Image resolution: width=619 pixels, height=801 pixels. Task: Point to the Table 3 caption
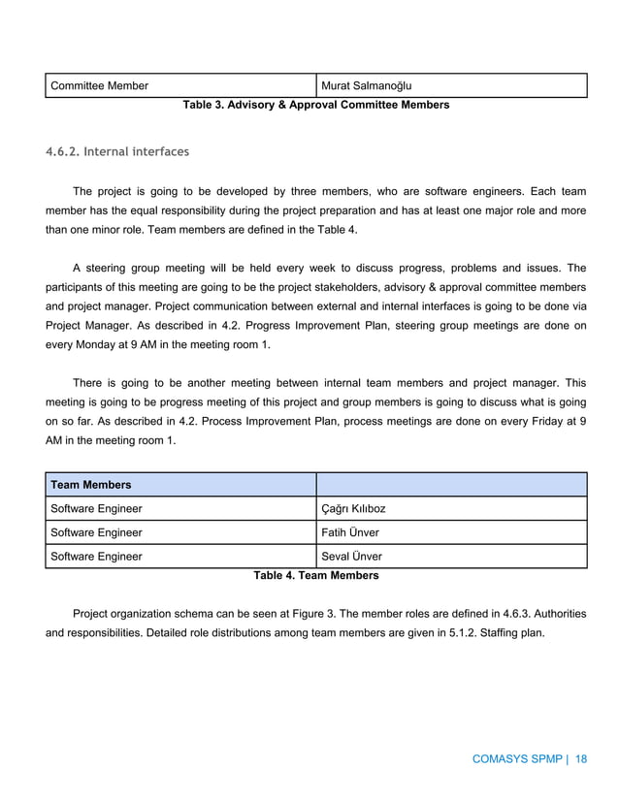click(x=315, y=104)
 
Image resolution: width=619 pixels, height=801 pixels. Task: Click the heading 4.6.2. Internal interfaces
click(x=117, y=152)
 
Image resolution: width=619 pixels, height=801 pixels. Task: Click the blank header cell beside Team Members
click(x=451, y=484)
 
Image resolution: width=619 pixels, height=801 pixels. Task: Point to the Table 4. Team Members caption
click(x=315, y=575)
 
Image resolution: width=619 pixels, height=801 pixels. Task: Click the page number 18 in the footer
click(x=581, y=759)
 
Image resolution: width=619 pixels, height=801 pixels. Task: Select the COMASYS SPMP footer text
click(x=517, y=759)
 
